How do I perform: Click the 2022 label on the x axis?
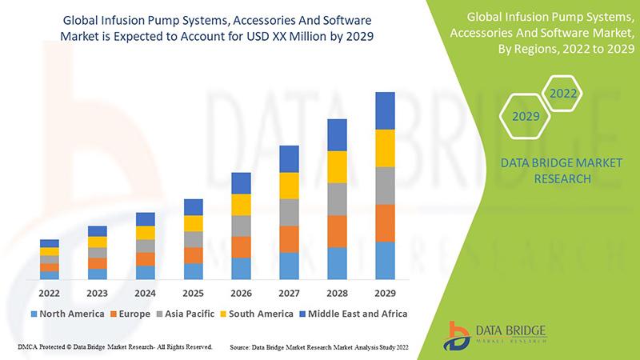click(49, 293)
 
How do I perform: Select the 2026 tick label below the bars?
click(241, 293)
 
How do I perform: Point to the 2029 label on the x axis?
click(385, 293)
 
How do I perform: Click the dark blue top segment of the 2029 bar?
click(385, 110)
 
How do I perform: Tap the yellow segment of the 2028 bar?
click(337, 166)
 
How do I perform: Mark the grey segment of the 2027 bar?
click(289, 212)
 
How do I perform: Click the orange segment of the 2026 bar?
click(241, 247)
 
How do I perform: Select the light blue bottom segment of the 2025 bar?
click(193, 271)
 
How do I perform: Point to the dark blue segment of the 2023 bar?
click(97, 231)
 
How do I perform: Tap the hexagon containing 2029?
click(525, 117)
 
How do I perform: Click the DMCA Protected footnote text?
click(114, 347)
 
